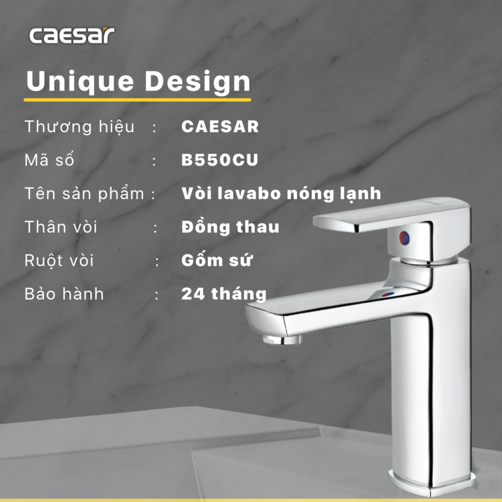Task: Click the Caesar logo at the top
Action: point(72,35)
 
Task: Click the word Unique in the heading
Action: point(80,81)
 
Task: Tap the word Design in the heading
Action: point(197,81)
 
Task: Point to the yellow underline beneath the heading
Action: point(137,100)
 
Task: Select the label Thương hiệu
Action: point(79,127)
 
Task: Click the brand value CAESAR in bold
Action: point(220,127)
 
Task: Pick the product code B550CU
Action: point(220,160)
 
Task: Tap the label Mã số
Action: point(49,159)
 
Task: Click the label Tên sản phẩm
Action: point(84,194)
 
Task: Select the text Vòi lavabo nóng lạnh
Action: point(281,194)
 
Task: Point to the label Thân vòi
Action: point(61,226)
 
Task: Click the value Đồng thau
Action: point(230,226)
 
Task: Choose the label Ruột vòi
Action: point(59,260)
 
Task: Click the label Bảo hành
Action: point(64,293)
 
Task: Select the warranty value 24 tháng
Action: point(224,293)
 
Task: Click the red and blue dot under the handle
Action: point(404,238)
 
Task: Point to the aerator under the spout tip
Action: point(282,339)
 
